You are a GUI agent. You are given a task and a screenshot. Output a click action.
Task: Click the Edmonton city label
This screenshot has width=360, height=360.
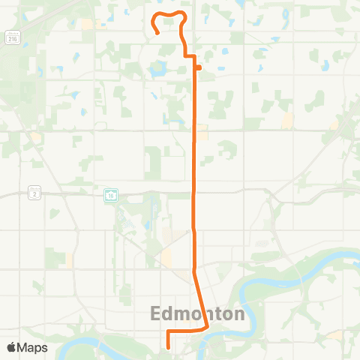click(199, 313)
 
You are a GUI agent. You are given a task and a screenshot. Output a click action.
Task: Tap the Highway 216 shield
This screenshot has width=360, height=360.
click(13, 37)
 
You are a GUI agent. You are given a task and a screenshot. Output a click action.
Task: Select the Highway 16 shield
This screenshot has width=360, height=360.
click(109, 195)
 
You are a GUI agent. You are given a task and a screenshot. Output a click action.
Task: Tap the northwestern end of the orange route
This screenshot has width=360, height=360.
click(157, 33)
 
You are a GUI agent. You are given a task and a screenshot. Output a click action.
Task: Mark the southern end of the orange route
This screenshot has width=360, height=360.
click(168, 347)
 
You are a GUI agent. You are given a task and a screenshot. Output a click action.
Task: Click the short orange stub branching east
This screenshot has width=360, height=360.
click(199, 68)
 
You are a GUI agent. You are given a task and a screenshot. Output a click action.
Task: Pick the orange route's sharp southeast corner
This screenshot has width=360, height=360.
click(207, 328)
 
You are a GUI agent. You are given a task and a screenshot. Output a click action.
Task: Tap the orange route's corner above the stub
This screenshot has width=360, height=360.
click(195, 56)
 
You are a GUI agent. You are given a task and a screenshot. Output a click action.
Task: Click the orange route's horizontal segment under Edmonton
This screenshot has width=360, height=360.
click(186, 330)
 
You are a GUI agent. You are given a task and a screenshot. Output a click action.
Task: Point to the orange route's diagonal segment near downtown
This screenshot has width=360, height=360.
click(200, 300)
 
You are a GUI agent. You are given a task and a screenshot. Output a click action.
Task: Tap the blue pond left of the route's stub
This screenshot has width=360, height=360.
click(158, 70)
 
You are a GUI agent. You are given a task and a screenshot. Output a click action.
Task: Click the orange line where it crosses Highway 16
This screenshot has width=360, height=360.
click(196, 193)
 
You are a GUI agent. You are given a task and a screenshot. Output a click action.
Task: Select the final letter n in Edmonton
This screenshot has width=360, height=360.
click(239, 313)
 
